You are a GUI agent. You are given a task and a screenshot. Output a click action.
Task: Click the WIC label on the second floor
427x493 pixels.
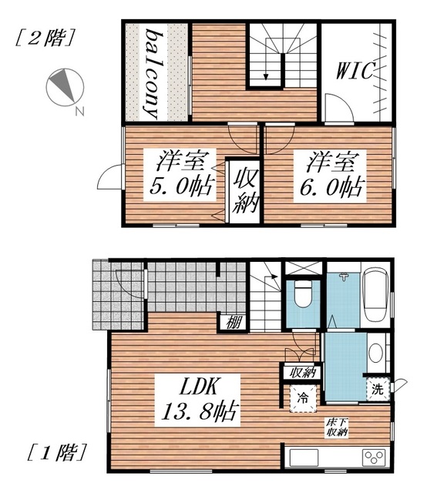coord(355,70)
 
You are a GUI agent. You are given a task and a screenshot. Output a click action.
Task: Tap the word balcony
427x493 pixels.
coord(153,74)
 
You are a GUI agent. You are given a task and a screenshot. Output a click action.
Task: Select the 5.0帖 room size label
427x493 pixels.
coord(182,186)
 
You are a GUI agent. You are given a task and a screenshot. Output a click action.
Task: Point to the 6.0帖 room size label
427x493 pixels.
coord(331,187)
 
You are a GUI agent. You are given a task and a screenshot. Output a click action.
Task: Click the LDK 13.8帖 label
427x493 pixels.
coord(198,399)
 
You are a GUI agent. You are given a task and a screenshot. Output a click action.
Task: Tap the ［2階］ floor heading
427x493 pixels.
coord(45,38)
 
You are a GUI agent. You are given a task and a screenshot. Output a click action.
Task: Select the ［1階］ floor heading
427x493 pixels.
coord(56,452)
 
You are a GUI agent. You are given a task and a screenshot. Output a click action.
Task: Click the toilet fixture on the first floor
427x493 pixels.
coord(303,294)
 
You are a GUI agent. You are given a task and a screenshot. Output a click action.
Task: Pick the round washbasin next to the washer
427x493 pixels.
coord(375,353)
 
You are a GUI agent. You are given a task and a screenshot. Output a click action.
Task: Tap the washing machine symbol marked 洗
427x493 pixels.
coord(378,389)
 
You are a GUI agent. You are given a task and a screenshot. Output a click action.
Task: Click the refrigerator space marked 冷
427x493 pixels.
coord(303,398)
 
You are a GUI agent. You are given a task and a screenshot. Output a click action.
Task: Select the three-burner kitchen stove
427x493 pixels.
coord(374,458)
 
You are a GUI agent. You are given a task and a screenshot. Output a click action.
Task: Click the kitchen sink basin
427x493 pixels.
coord(304,458)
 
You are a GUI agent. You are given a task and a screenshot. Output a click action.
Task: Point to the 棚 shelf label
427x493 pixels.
coord(234,323)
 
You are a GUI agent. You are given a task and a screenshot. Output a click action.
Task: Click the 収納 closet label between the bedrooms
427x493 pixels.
coord(245,191)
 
